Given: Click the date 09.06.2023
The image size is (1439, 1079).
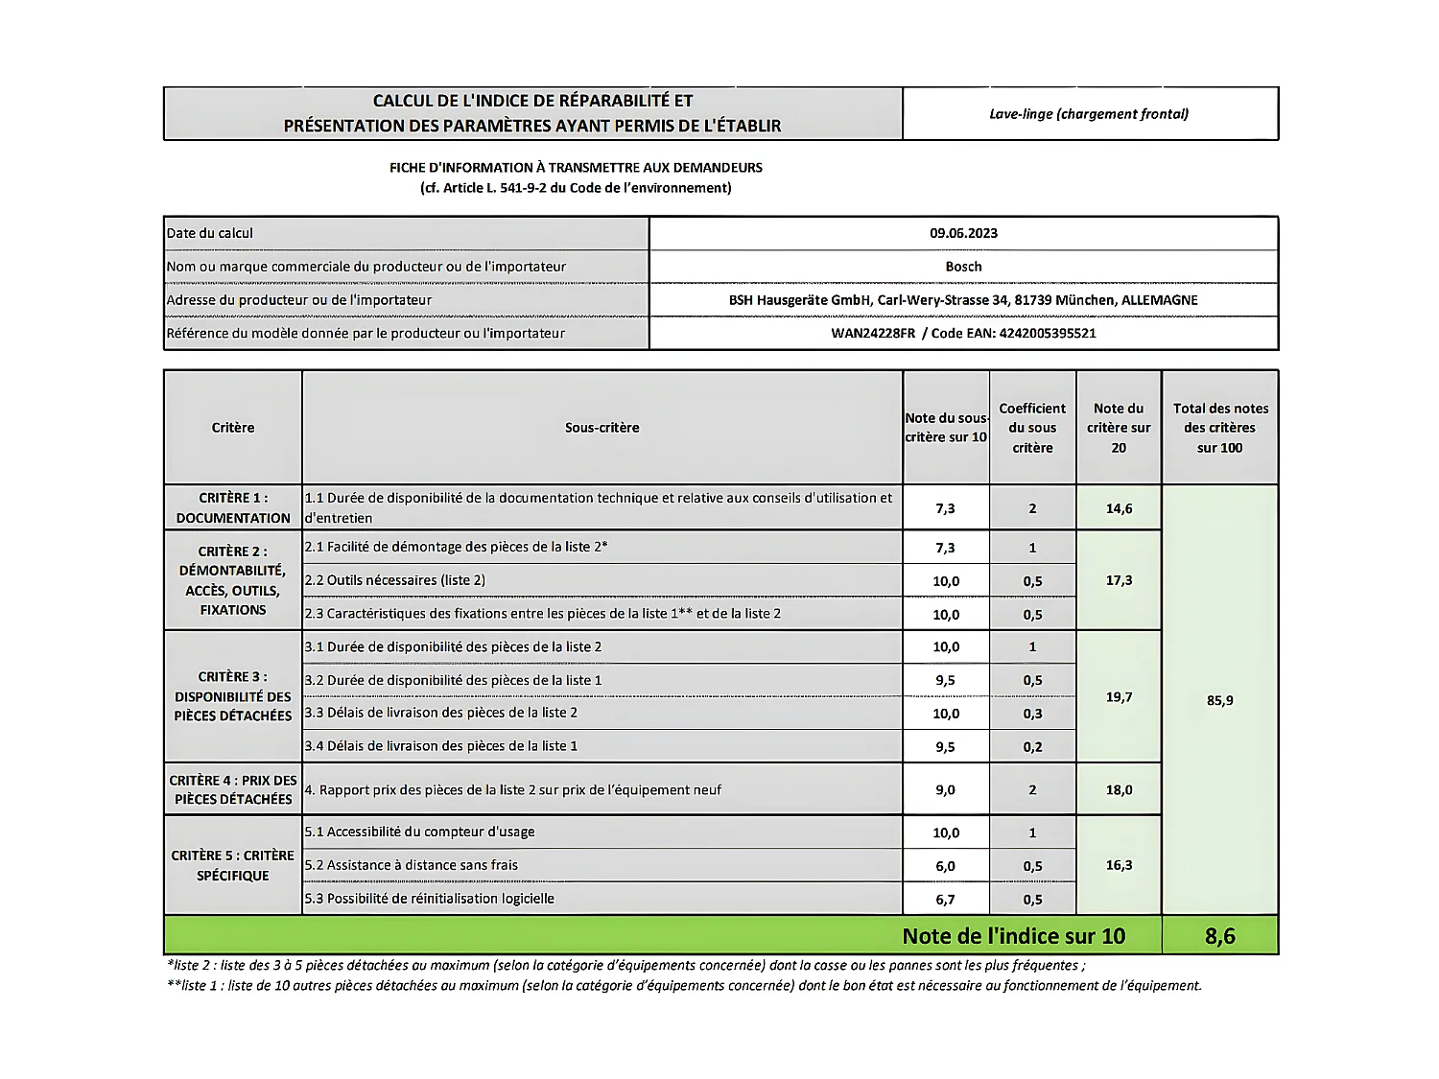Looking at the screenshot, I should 963,233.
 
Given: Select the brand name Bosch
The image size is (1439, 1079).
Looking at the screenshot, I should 963,267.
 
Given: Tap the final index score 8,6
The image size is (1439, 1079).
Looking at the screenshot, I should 1219,936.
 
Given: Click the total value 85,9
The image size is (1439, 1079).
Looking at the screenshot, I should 1219,700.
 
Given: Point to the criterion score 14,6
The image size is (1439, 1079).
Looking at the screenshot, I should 1119,508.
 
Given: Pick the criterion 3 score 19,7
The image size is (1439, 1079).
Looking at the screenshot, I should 1119,697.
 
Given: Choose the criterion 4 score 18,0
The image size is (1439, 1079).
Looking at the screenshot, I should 1119,790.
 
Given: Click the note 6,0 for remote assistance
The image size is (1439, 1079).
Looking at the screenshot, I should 945,866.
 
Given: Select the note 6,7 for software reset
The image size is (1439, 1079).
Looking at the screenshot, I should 945,900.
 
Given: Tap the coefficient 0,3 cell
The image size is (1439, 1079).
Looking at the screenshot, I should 1032,714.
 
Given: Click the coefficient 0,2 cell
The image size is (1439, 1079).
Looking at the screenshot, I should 1032,747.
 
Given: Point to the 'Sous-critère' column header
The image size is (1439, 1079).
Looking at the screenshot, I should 602,428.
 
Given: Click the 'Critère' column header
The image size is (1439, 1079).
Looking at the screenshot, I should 233,428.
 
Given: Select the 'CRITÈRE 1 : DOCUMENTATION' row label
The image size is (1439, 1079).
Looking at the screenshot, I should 233,508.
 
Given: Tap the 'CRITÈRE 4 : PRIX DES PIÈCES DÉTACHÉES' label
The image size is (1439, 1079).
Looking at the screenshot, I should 233,789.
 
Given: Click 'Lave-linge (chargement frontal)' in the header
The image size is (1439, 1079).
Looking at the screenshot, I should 1089,114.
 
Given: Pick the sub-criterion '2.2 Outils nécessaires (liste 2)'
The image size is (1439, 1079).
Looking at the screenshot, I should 395,580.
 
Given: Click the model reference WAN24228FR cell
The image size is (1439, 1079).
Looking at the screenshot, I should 963,334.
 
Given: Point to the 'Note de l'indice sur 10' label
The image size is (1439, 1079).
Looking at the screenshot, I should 1013,936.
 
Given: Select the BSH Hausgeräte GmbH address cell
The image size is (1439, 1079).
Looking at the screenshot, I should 963,300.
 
